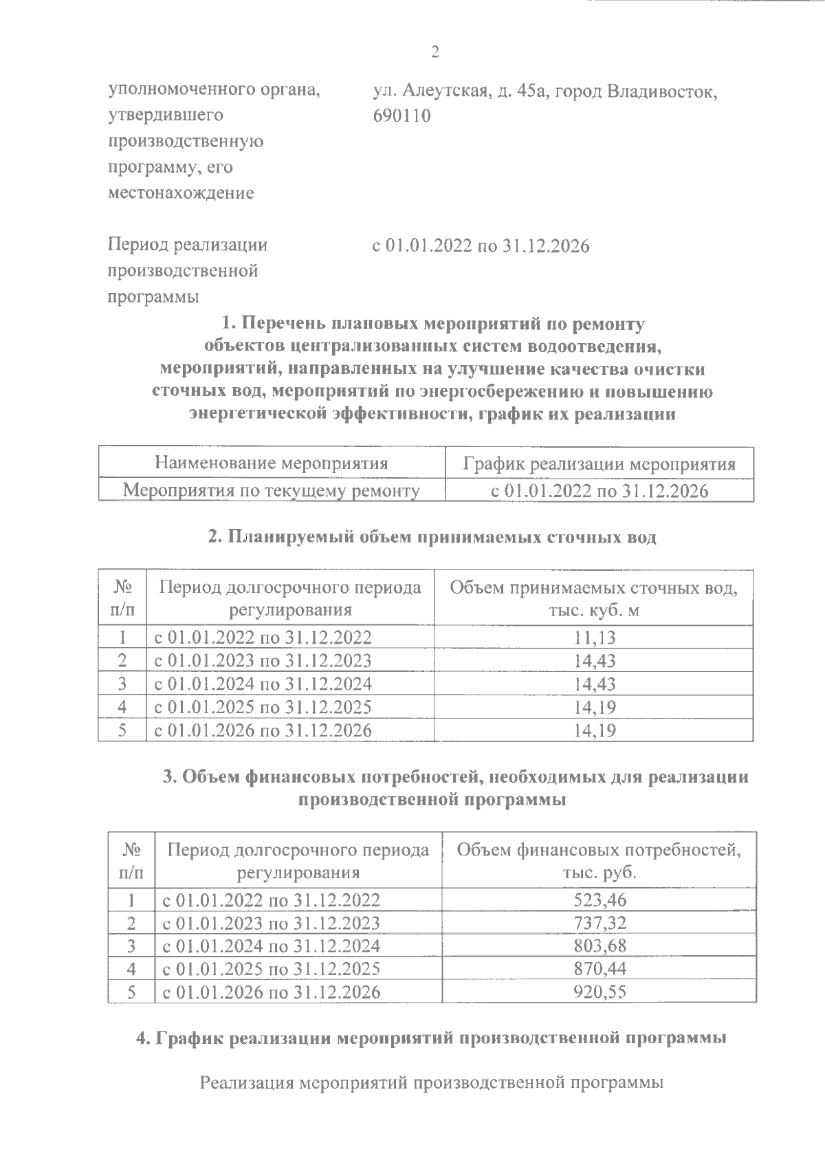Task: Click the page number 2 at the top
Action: (x=434, y=52)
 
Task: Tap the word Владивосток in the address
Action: (x=661, y=91)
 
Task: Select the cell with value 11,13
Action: (x=595, y=637)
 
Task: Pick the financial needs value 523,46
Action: (x=599, y=899)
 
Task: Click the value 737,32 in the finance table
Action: (x=599, y=923)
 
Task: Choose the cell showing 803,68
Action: (x=599, y=946)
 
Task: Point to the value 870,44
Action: (x=599, y=969)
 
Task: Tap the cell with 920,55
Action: (x=599, y=992)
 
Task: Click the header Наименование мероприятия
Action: (x=272, y=463)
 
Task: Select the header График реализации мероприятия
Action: (x=599, y=464)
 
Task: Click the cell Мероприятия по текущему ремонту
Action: (x=272, y=491)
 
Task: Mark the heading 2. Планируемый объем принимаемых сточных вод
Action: (x=432, y=537)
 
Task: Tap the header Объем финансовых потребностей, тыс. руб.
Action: (x=599, y=861)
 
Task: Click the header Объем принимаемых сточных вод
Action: (x=594, y=598)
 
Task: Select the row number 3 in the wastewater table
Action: (x=122, y=684)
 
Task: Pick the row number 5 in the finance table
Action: (x=131, y=992)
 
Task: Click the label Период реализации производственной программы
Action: (x=188, y=271)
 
